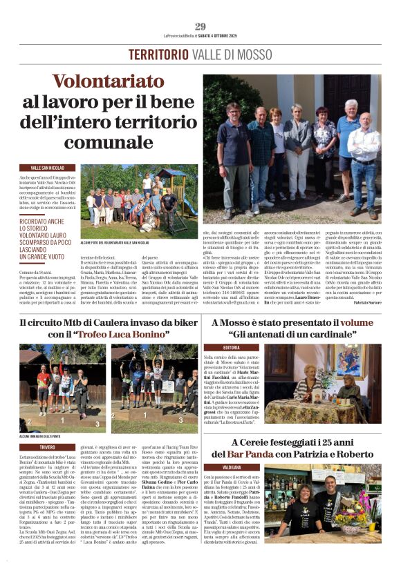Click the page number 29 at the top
pyautogui.click(x=200, y=26)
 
